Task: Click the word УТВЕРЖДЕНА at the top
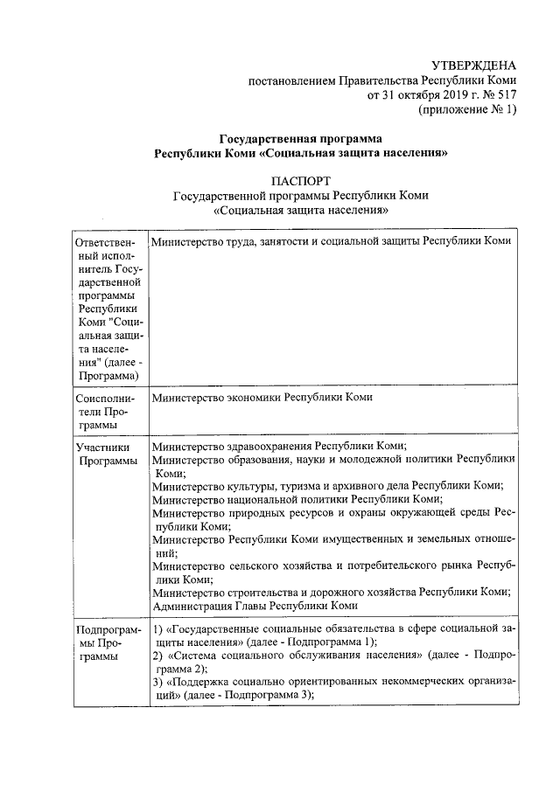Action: [x=474, y=66]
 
